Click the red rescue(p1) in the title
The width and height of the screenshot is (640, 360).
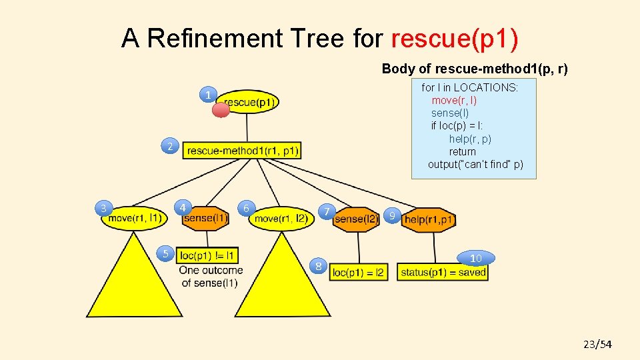455,39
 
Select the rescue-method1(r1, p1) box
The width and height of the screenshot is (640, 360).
242,151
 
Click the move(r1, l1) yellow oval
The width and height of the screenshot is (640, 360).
135,218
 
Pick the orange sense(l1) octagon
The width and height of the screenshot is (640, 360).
206,218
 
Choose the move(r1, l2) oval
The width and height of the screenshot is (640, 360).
281,219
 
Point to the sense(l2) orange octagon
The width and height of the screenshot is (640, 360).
356,219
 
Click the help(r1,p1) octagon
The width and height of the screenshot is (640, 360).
429,220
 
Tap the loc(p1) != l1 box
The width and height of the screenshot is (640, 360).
207,255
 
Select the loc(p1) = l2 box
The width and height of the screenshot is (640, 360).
359,272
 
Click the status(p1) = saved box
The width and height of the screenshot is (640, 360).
443,272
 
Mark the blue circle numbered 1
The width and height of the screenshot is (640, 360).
209,95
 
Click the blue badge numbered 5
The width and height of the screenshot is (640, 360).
166,253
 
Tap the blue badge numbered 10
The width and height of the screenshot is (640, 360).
476,258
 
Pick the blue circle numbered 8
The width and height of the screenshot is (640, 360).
319,266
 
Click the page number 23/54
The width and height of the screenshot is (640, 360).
597,344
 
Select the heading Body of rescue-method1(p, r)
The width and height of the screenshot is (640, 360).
475,69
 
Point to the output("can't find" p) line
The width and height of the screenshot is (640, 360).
475,165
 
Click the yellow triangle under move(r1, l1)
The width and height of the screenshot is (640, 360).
134,283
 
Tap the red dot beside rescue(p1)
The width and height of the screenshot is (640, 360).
221,110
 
